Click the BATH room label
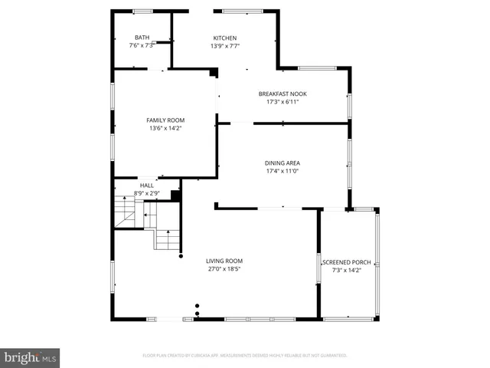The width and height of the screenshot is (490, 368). click(142, 38)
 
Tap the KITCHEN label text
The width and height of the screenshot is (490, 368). click(224, 38)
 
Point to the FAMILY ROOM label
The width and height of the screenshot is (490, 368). click(165, 120)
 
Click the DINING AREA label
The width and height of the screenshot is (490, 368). click(282, 163)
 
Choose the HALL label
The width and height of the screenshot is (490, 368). click(146, 186)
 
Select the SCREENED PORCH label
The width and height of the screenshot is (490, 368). click(346, 262)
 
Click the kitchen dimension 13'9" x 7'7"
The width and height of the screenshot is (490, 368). click(224, 46)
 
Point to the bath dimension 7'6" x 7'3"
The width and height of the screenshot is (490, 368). click(142, 45)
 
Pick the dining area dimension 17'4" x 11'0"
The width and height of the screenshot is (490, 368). click(282, 171)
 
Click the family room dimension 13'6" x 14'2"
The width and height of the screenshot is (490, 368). click(165, 129)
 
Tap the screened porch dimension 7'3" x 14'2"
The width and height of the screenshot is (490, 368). click(346, 270)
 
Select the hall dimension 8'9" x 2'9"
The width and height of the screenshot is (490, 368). click(146, 193)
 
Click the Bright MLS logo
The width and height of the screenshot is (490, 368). click(30, 357)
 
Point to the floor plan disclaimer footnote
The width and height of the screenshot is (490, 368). click(245, 356)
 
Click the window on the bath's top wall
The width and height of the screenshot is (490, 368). click(142, 11)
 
